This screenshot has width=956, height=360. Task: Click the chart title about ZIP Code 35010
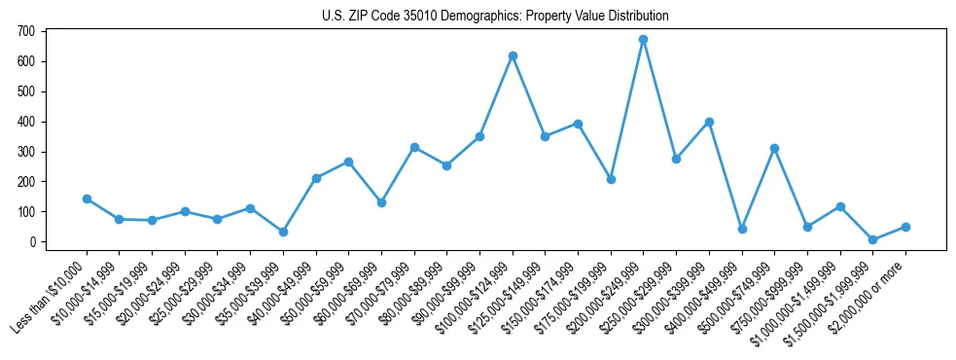point(495,17)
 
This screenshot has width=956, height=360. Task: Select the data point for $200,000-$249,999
point(643,39)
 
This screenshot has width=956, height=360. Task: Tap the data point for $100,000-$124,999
point(513,55)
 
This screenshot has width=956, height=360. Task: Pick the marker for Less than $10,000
point(87,198)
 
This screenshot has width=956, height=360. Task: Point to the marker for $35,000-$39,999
point(283,232)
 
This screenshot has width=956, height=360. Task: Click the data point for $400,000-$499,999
point(742,229)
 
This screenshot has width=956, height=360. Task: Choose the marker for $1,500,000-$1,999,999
point(872,239)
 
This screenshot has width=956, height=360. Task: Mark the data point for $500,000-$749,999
point(774,148)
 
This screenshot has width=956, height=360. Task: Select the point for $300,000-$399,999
point(709,122)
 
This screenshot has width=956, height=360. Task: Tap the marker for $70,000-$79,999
point(414,147)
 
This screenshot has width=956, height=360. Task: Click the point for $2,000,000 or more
point(905,227)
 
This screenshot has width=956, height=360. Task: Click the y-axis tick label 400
point(25,122)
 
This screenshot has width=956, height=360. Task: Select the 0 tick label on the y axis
point(31,241)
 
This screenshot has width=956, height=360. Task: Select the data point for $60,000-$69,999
point(381,202)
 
